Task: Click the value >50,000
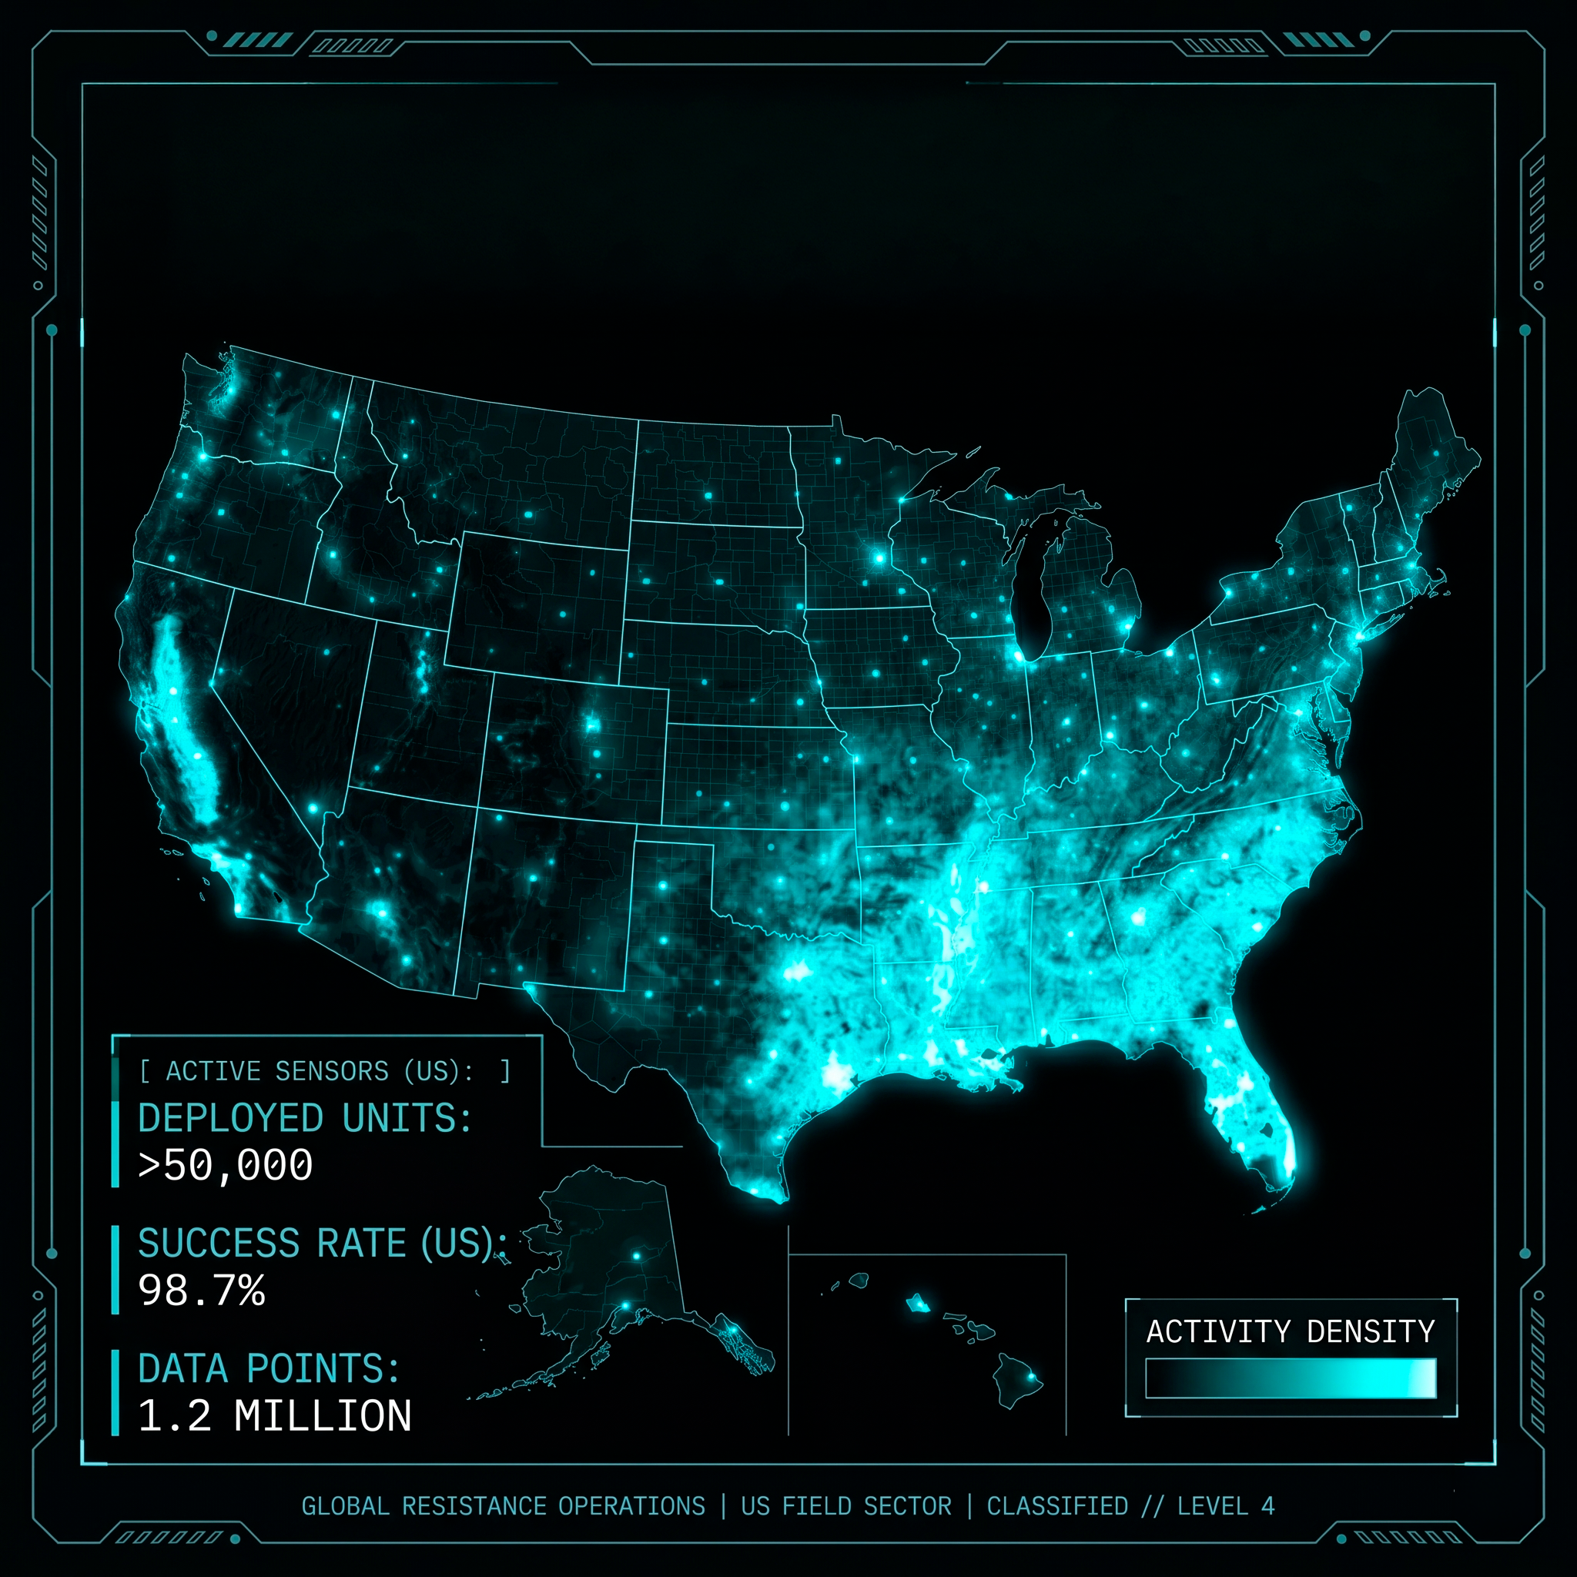(226, 1165)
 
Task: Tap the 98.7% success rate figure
(202, 1291)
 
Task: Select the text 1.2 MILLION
(275, 1416)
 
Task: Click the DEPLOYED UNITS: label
(304, 1118)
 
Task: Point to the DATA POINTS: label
(269, 1369)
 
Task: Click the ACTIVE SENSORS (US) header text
(319, 1071)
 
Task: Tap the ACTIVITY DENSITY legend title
(1290, 1331)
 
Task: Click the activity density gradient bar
(1290, 1378)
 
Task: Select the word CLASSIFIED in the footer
(1057, 1506)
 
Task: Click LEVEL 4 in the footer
(1225, 1506)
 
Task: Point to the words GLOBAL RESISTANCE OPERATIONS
(503, 1506)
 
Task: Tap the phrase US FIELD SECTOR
(845, 1506)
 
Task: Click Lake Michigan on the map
(1030, 592)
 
